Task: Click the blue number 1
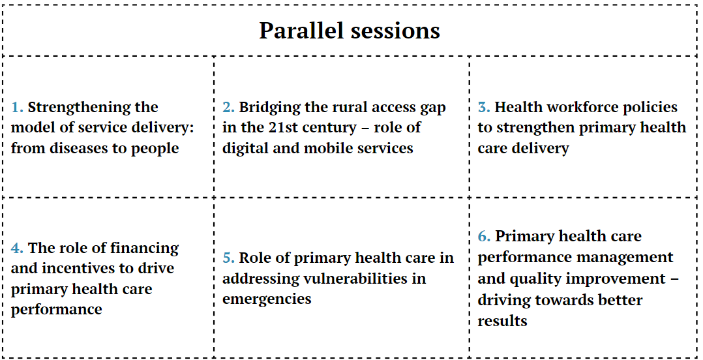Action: point(18,108)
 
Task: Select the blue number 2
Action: point(229,108)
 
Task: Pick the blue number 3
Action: point(483,108)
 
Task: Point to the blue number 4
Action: point(18,248)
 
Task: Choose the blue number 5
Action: point(229,258)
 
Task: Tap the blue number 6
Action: point(483,236)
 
